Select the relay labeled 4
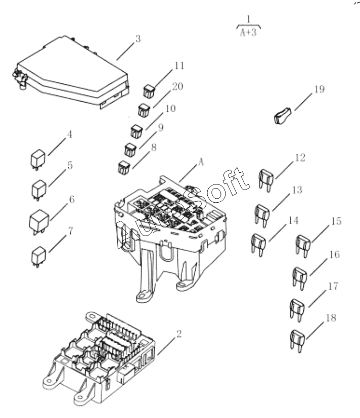pos(37,160)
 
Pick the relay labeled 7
pos(38,257)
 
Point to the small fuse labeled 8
pos(124,167)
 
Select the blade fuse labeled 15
pos(303,246)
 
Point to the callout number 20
pos(177,86)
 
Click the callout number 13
pos(297,191)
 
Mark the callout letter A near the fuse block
pos(201,162)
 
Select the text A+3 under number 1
pos(248,33)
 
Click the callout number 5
pos(70,166)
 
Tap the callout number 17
pos(333,286)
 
